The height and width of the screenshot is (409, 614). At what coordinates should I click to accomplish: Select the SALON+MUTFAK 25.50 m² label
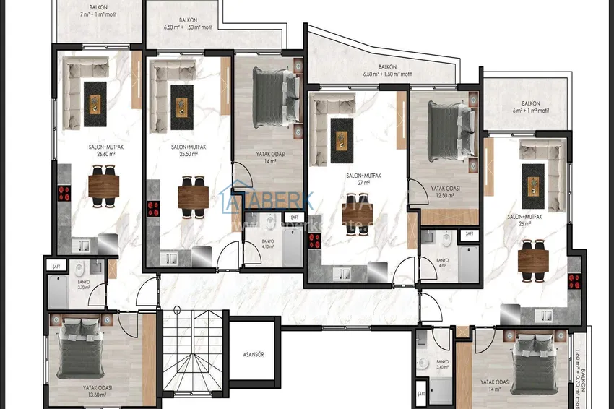click(x=189, y=150)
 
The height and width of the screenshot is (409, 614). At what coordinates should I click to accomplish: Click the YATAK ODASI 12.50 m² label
click(x=445, y=191)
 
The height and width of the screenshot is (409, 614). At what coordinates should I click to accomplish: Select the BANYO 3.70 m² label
click(x=83, y=285)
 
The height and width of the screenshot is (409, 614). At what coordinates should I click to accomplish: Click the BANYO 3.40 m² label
click(x=442, y=364)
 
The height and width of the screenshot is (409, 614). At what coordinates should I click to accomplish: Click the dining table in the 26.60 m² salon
click(x=103, y=186)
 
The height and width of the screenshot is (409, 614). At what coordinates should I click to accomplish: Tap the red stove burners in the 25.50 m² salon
click(x=153, y=209)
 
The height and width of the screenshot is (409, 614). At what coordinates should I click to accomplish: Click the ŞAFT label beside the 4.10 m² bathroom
click(x=294, y=217)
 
